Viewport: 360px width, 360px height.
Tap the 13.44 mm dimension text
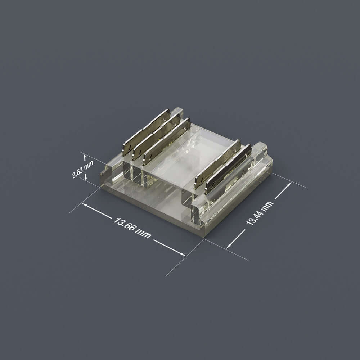pyautogui.click(x=260, y=213)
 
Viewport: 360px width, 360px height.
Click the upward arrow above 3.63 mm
pyautogui.click(x=84, y=157)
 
